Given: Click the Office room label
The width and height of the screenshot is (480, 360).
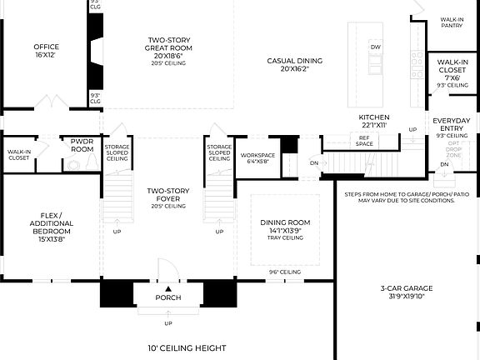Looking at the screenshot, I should click(x=46, y=51).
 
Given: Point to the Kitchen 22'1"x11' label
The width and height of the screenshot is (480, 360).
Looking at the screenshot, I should click(x=374, y=121).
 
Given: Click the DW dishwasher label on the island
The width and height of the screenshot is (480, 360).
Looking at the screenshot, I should click(x=376, y=47).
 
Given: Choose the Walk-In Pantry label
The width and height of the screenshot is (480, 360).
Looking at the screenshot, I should click(x=452, y=22).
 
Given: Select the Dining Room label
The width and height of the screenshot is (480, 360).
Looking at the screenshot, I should click(x=285, y=226).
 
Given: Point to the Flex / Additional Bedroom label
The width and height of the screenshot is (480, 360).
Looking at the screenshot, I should click(x=52, y=228).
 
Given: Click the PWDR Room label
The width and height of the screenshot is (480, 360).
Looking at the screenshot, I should click(x=82, y=145).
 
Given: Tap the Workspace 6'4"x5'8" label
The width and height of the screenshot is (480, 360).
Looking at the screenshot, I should click(x=257, y=158).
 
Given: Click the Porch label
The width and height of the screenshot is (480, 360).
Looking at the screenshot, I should click(x=168, y=297).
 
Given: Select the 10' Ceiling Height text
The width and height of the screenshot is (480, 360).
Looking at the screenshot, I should click(x=182, y=347).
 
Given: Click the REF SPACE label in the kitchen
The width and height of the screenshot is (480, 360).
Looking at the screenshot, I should click(x=364, y=142).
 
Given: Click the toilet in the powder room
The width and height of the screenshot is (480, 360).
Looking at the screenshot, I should click(x=74, y=165).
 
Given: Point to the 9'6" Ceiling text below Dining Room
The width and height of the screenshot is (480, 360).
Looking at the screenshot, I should click(x=284, y=272).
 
